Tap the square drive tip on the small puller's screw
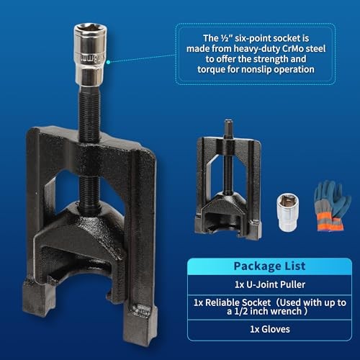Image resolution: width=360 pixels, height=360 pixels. (x=228, y=125)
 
